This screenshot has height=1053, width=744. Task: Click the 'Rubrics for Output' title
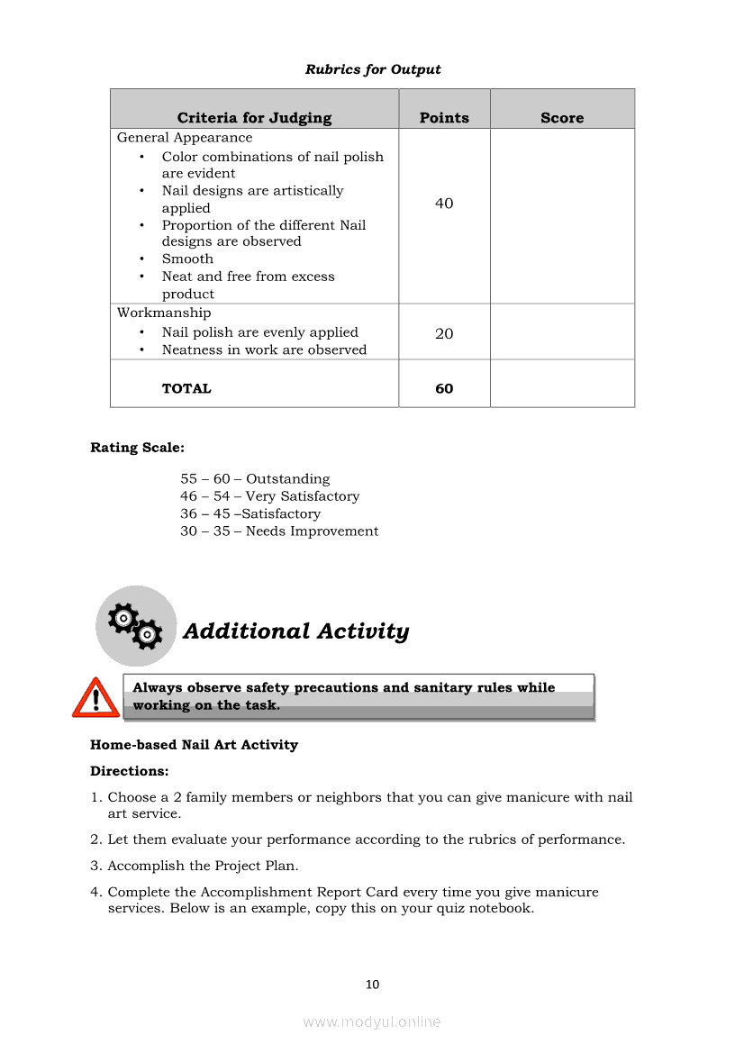pos(373,69)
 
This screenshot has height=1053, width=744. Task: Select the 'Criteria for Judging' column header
pos(254,118)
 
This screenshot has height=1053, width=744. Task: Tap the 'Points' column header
pos(444,118)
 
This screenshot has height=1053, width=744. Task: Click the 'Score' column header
pos(562,118)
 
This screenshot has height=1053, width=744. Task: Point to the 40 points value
pos(444,204)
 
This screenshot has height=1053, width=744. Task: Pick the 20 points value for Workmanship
pos(444,333)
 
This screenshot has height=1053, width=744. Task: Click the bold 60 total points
pos(444,389)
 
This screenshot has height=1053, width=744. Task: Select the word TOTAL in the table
pos(186,389)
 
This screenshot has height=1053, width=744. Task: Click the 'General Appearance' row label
pos(185,138)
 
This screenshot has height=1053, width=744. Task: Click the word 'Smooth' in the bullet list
pos(187,259)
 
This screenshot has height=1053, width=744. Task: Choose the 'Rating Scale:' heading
pos(137,447)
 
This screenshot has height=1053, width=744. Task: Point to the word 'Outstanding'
pos(287,479)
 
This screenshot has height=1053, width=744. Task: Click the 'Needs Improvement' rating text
pos(312,531)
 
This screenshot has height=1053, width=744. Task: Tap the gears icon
pos(135,626)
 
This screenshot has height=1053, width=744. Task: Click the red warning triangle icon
pos(95,698)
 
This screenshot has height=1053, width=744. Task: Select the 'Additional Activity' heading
pos(295,631)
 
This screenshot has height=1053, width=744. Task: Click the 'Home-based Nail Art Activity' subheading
pos(194,745)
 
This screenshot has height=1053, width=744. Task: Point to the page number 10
pos(372,985)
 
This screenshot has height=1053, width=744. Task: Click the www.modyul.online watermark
pos(372,1021)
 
